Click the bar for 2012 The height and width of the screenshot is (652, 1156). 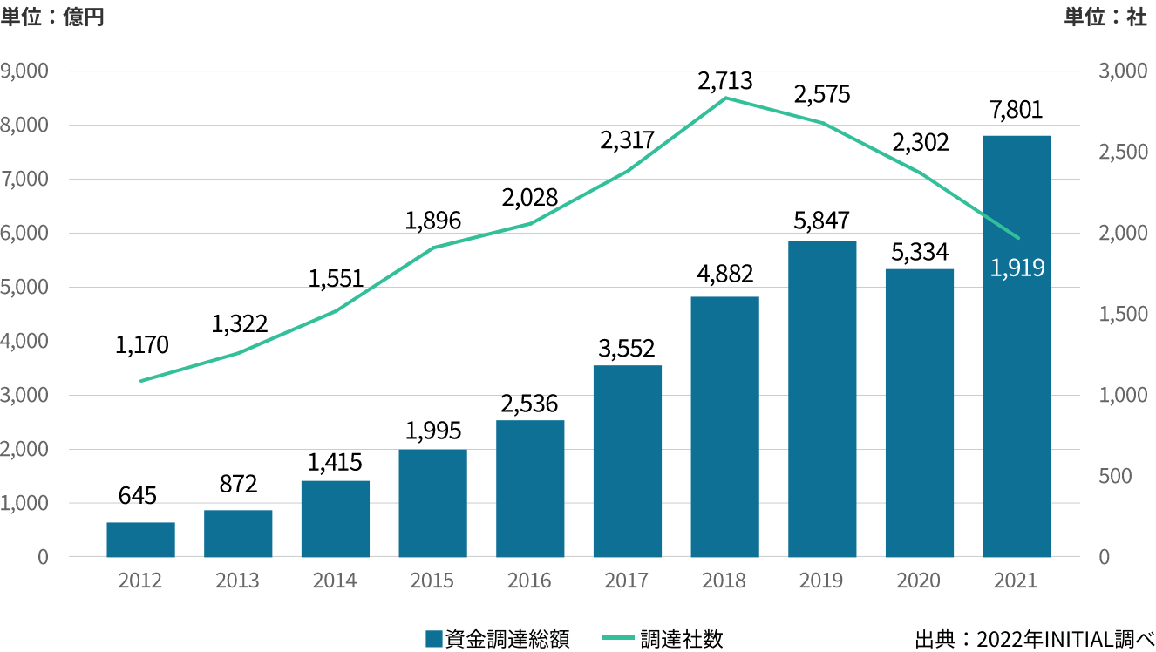point(140,540)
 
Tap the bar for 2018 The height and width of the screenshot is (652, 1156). point(724,427)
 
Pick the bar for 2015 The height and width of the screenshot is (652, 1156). point(432,503)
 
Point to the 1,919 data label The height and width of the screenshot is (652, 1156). point(1017,268)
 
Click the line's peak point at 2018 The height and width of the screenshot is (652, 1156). point(725,98)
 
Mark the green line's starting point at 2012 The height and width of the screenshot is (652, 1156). point(140,381)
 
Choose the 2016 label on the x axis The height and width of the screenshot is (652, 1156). point(529,581)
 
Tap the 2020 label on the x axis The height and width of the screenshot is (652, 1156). point(918,581)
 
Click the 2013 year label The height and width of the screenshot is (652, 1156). point(237,581)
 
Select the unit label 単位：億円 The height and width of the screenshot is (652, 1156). point(52,17)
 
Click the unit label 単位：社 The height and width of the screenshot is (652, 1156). point(1105,17)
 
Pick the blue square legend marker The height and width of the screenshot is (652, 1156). point(434,639)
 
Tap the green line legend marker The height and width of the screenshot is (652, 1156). point(618,637)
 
